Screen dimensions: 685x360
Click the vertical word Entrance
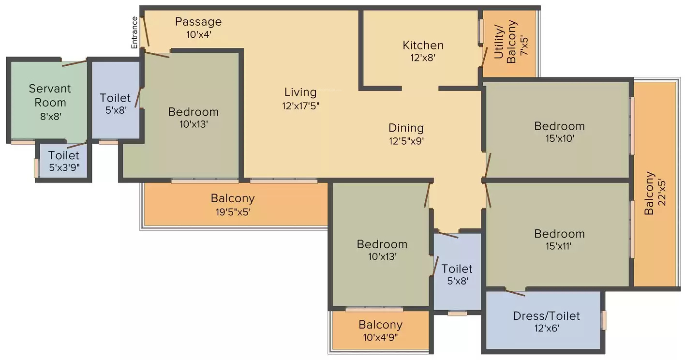point(134,32)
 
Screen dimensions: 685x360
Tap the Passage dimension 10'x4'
point(199,34)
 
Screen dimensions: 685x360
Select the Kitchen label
point(423,45)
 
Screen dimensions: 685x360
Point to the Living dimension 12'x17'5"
point(300,106)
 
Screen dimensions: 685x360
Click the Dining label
point(406,128)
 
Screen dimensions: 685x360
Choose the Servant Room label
point(50,95)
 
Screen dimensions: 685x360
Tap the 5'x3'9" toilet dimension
point(64,167)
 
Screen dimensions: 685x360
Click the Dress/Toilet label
point(546,315)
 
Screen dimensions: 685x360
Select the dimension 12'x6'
point(547,328)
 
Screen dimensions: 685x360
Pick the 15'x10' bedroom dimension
point(560,138)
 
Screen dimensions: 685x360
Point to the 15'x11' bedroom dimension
point(558,246)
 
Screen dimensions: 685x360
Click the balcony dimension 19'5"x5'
point(233,211)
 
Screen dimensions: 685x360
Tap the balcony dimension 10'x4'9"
point(380,337)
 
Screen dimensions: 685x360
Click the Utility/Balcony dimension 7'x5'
point(524,46)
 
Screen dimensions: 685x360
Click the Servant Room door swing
point(74,63)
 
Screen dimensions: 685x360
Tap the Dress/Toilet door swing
point(515,293)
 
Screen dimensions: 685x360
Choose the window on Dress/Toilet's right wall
point(604,320)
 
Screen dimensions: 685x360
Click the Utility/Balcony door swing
point(484,57)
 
